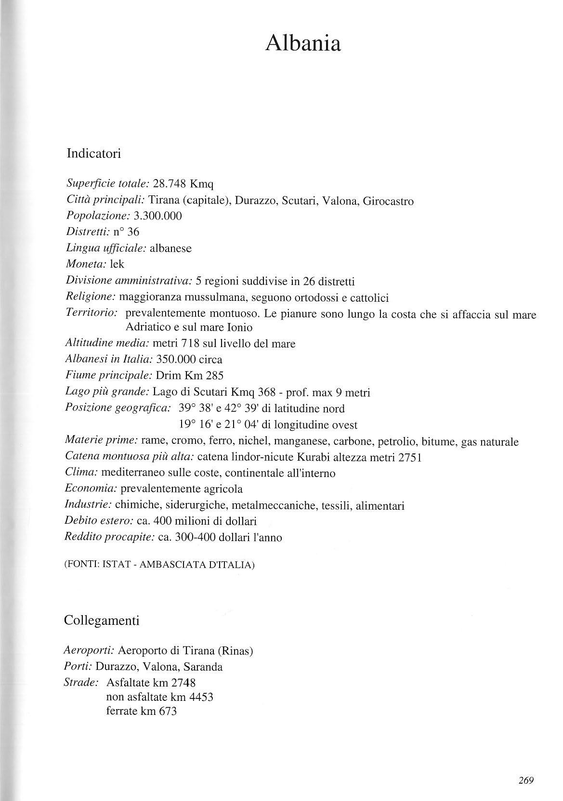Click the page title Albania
click(303, 44)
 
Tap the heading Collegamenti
click(102, 620)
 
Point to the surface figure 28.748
click(170, 184)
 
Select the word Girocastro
click(388, 201)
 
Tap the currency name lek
click(118, 264)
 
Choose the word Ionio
click(237, 328)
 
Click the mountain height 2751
click(410, 458)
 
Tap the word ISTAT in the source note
click(118, 565)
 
